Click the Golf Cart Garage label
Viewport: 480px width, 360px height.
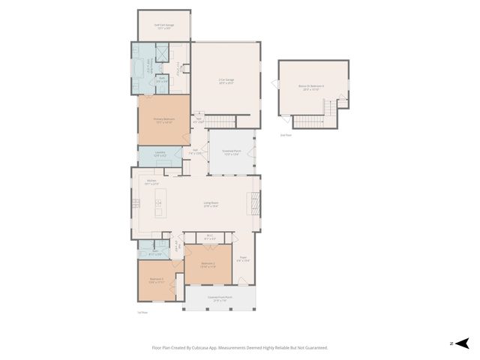pyautogui.click(x=163, y=26)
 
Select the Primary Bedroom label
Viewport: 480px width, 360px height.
pyautogui.click(x=163, y=119)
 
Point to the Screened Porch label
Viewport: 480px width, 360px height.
pyautogui.click(x=232, y=151)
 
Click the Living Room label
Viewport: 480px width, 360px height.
pyautogui.click(x=211, y=202)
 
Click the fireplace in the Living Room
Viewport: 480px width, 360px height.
pyautogui.click(x=253, y=202)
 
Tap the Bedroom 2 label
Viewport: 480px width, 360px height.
pyautogui.click(x=208, y=265)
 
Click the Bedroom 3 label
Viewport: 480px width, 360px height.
pyautogui.click(x=156, y=281)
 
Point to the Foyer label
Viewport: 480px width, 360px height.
pyautogui.click(x=243, y=259)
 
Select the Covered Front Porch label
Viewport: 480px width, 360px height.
pyautogui.click(x=220, y=299)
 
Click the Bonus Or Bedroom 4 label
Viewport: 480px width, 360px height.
pyautogui.click(x=314, y=88)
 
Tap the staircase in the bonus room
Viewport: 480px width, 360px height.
pyautogui.click(x=309, y=121)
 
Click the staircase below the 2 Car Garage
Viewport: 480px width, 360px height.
pyautogui.click(x=220, y=121)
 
